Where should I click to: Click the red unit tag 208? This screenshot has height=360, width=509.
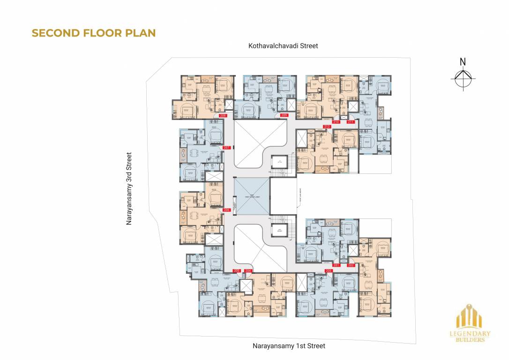(223, 115)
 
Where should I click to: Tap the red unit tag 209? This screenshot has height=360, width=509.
(284, 115)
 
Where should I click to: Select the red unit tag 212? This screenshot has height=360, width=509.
(327, 127)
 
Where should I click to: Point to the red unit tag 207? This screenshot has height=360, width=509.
(227, 148)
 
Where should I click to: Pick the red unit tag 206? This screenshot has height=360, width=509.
(227, 210)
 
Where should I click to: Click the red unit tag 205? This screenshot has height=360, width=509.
(237, 271)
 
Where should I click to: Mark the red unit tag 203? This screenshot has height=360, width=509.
(329, 271)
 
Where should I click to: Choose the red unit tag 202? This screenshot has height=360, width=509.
(351, 265)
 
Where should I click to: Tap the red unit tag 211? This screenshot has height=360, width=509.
(350, 122)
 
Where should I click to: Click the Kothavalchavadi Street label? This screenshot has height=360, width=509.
(284, 46)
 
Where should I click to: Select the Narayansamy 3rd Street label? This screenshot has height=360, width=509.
(129, 188)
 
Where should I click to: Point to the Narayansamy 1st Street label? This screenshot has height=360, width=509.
(289, 346)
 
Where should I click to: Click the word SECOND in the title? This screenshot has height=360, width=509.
(51, 33)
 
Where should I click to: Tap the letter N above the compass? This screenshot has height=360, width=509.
(463, 61)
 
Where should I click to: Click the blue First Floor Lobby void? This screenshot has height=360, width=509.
(252, 196)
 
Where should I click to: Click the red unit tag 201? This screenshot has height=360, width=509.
(336, 265)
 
